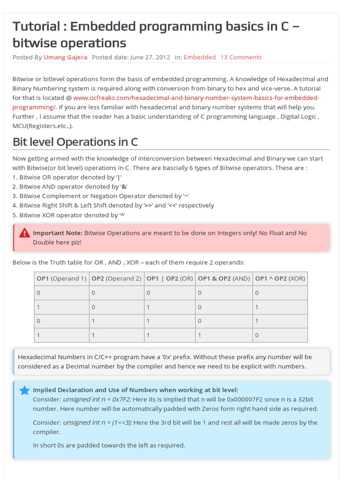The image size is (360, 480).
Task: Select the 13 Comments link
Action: click(x=241, y=57)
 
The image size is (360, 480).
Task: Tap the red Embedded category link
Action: click(x=200, y=57)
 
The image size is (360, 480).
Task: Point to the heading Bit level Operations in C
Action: click(x=75, y=142)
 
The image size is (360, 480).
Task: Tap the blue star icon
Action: click(x=25, y=390)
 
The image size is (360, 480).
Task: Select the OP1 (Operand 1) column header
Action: click(x=61, y=278)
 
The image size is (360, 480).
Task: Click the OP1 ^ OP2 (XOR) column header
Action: click(x=280, y=278)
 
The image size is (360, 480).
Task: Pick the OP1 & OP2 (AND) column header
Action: click(x=224, y=278)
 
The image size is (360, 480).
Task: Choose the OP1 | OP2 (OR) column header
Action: click(x=170, y=278)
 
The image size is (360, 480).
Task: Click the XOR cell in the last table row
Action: click(x=280, y=335)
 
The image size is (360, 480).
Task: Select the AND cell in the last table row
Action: click(x=224, y=335)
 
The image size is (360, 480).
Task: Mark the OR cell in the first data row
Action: click(x=170, y=293)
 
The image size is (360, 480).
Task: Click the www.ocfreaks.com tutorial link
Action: click(x=196, y=97)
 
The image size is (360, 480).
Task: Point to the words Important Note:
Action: click(x=58, y=233)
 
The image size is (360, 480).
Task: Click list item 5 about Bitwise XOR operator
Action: click(x=69, y=215)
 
